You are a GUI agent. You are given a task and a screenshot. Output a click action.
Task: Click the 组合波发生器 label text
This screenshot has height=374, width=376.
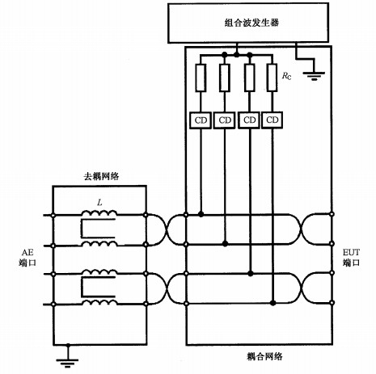click(251, 23)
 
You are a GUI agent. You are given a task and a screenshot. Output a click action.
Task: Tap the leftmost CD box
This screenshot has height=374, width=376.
click(201, 120)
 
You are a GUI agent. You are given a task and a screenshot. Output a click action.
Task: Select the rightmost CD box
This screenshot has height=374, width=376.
click(272, 120)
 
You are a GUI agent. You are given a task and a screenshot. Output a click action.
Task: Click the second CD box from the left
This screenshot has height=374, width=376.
click(225, 120)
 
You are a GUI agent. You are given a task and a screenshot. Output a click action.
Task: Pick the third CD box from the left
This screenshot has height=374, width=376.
click(249, 120)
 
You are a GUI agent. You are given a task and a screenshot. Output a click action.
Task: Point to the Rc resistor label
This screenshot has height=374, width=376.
click(286, 76)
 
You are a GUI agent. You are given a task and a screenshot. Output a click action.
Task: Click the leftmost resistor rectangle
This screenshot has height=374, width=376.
click(201, 78)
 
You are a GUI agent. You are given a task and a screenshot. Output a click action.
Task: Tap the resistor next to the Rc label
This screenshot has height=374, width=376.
click(272, 78)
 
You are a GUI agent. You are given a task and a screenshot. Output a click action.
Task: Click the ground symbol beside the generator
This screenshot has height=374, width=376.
click(314, 76)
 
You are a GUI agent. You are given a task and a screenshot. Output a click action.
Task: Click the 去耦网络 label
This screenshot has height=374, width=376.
click(101, 176)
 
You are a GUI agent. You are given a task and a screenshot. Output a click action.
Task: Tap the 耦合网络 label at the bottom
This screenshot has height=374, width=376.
click(264, 356)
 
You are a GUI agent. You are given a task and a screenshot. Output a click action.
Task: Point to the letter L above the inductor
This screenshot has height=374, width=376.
click(99, 202)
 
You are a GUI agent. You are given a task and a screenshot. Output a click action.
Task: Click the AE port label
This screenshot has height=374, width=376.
click(27, 258)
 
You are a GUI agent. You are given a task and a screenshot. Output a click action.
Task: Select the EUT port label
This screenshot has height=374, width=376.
click(351, 258)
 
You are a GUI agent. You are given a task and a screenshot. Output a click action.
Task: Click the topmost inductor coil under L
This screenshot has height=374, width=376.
click(99, 212)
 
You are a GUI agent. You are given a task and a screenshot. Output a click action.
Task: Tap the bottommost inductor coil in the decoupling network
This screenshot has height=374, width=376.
click(99, 302)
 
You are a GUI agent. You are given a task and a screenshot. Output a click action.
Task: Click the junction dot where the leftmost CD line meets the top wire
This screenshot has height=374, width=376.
click(201, 214)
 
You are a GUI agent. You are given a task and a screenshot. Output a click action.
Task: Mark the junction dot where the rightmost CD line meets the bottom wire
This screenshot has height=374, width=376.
click(272, 303)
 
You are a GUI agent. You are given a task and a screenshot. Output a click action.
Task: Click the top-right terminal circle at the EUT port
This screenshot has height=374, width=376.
click(332, 214)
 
